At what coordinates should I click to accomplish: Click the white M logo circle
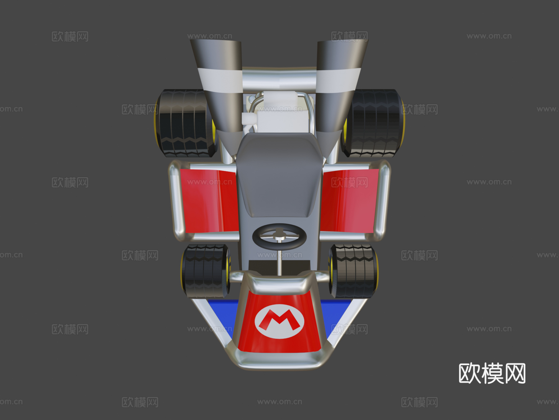(279, 322)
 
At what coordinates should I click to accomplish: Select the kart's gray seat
(279, 174)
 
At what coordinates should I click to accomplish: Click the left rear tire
(185, 123)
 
